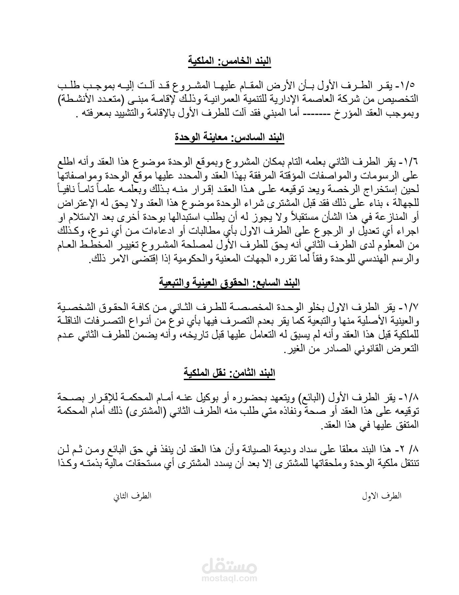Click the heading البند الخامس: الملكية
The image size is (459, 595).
click(229, 61)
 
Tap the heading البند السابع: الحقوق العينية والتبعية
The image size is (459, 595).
click(229, 283)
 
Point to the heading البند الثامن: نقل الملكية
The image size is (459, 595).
click(229, 373)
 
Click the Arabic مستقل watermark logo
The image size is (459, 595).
click(229, 566)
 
